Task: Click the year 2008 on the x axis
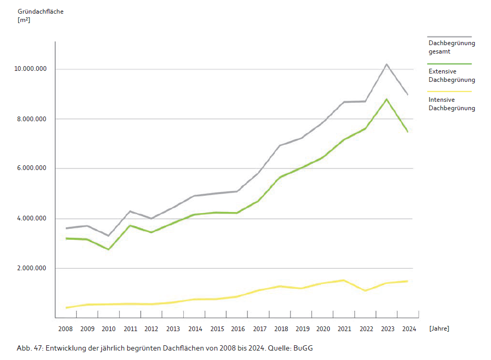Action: [x=66, y=329]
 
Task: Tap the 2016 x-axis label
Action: [x=238, y=329]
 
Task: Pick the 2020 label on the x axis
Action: [x=323, y=329]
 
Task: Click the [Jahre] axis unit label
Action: [x=439, y=329]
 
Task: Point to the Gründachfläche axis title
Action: [x=40, y=11]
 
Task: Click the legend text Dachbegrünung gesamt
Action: [x=451, y=47]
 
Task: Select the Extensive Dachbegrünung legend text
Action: [x=451, y=76]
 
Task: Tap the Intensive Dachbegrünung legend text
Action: [x=451, y=104]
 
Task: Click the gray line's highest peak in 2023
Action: [x=386, y=64]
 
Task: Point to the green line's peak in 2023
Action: [x=386, y=99]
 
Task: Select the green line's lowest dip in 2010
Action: [x=109, y=249]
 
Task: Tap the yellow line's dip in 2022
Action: [x=364, y=290]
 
